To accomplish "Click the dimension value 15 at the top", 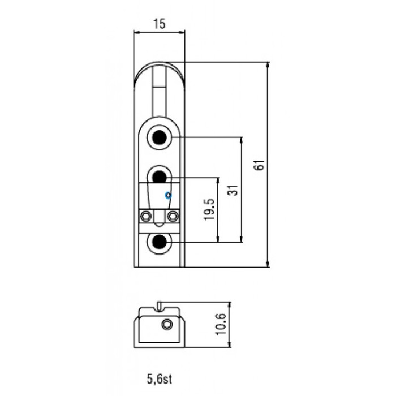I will tap(159, 24).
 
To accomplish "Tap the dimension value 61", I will tap(260, 165).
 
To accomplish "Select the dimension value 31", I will tap(232, 190).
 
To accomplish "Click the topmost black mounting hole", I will tap(160, 137).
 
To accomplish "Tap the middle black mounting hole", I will tap(160, 177).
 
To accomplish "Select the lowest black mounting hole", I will tap(160, 243).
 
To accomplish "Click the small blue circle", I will tap(167, 195).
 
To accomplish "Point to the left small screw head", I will tap(146, 216).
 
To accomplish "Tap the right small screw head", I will tap(173, 216).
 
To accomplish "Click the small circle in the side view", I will tap(166, 324).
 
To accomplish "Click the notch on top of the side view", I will tap(160, 306).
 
